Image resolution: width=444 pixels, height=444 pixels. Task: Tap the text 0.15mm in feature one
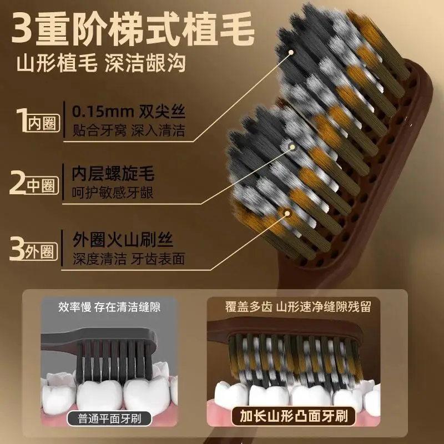(103, 112)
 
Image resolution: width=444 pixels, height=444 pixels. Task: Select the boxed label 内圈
(44, 123)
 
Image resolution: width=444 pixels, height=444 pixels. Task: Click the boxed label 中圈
(42, 186)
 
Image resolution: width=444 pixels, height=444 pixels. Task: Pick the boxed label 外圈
(41, 251)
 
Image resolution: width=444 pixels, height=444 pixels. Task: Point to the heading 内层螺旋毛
(113, 173)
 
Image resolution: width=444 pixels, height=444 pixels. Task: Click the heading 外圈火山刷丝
(122, 240)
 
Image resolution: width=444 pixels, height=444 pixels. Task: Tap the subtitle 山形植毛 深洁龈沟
(101, 63)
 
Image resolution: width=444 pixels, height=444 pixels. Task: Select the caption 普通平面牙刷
(109, 418)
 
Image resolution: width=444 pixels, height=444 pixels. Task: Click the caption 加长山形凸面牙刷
(294, 416)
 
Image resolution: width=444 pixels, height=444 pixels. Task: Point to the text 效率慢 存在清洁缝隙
(109, 307)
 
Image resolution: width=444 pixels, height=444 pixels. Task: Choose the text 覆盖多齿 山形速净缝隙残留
(298, 307)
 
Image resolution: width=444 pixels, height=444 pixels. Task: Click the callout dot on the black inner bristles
(290, 52)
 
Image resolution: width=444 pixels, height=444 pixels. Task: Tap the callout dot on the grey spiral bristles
(292, 147)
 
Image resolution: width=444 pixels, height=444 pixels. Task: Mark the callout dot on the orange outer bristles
(287, 213)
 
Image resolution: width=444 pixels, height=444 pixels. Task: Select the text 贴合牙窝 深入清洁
(129, 130)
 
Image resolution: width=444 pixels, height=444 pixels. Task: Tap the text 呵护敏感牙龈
(113, 193)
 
